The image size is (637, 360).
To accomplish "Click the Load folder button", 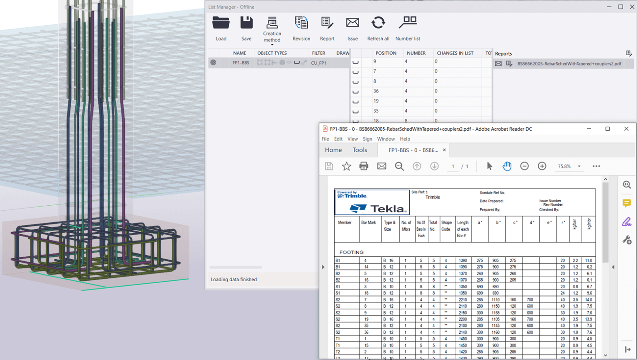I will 221,28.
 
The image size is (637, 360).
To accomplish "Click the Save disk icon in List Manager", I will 246,28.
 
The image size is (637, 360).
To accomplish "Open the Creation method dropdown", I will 272,31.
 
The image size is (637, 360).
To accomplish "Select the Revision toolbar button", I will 301,28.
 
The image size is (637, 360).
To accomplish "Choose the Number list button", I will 407,28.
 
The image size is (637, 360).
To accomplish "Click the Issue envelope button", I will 353,28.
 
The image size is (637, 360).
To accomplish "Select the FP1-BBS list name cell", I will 241,63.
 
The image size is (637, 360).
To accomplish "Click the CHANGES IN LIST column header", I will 455,53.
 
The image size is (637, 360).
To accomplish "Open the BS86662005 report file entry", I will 569,64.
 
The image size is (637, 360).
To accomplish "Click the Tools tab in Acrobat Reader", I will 360,150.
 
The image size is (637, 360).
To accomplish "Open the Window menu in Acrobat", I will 386,139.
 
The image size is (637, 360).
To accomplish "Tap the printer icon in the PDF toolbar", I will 364,166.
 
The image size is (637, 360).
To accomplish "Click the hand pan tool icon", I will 507,166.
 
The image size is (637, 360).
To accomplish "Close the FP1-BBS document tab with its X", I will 444,150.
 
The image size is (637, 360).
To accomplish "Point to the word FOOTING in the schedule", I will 351,252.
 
